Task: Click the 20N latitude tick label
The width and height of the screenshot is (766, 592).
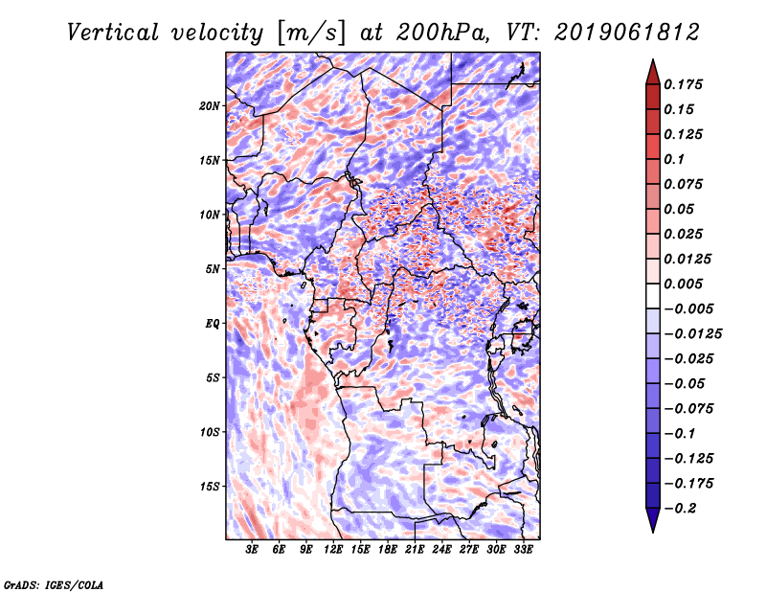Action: [x=211, y=105]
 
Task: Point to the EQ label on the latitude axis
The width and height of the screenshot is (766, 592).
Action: [x=213, y=323]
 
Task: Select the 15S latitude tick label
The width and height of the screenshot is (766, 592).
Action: [x=211, y=486]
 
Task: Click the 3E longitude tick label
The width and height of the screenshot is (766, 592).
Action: [x=253, y=550]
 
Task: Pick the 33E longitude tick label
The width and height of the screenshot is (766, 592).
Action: [x=523, y=550]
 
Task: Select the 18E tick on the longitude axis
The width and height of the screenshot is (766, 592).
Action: [x=388, y=550]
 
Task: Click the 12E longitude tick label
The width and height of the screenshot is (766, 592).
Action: [x=334, y=550]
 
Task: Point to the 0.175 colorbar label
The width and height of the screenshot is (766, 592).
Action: [x=686, y=84]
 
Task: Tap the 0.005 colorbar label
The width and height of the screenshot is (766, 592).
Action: [x=686, y=284]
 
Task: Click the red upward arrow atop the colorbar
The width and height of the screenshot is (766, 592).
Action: [x=651, y=71]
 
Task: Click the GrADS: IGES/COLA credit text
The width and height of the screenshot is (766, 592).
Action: [x=53, y=582]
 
